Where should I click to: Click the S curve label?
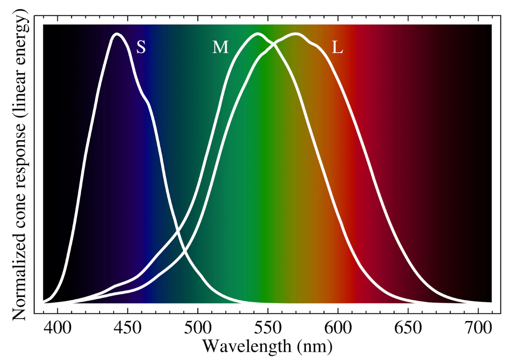[x=141, y=47]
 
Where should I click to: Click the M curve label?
[x=220, y=47]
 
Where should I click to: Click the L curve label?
[x=337, y=47]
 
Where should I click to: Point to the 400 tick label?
[x=57, y=328]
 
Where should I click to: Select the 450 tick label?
[x=127, y=328]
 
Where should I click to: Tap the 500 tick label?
[x=198, y=328]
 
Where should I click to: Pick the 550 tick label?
[x=268, y=328]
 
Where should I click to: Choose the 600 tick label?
[x=338, y=328]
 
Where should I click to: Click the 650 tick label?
[x=408, y=328]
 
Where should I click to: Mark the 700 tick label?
[x=478, y=328]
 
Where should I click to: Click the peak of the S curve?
[x=117, y=34]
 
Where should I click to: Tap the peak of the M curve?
[x=258, y=34]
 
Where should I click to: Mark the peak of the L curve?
[x=295, y=34]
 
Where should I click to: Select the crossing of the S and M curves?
[x=178, y=231]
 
